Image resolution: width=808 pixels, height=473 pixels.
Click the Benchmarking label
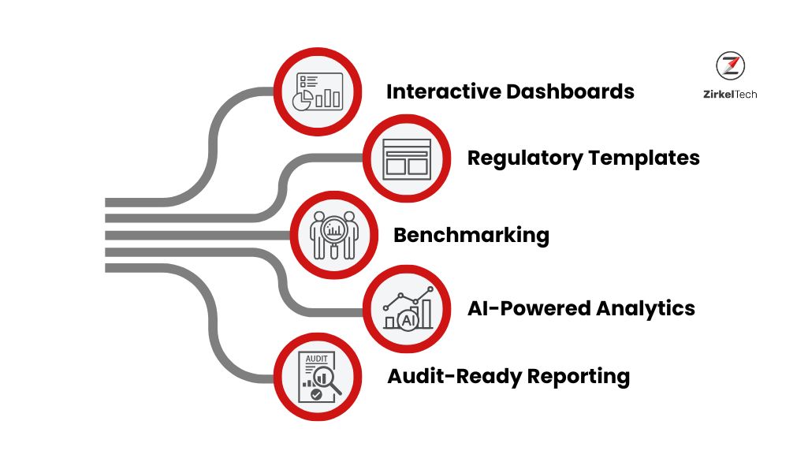coord(471,235)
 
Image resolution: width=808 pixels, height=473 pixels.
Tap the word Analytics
coord(650,307)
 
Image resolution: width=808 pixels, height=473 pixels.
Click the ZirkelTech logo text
coord(730,94)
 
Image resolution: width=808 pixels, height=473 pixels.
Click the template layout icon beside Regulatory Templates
coord(407,159)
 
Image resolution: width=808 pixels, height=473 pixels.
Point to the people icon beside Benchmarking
coord(334,235)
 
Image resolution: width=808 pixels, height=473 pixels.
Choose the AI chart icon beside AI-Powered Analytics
coord(407,310)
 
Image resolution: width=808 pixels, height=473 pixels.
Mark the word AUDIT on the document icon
coord(315,359)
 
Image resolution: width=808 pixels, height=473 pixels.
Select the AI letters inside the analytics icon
coord(408,320)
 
